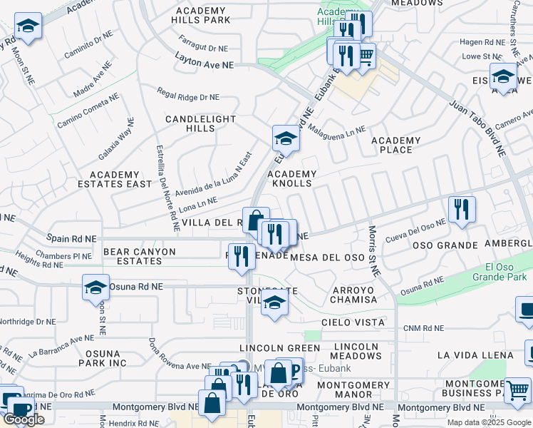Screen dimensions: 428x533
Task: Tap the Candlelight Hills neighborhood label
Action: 190,123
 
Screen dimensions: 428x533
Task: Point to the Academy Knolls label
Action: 291,178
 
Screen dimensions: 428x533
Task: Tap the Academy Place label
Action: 396,145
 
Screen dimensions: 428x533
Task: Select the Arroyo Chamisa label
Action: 353,295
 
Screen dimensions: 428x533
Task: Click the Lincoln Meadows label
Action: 357,351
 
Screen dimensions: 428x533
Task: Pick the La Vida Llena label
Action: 475,355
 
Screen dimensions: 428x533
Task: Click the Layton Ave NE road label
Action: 205,63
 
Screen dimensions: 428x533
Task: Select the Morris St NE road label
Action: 373,250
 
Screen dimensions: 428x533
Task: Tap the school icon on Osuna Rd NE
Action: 95,287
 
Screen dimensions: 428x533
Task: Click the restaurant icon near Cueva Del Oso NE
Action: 462,209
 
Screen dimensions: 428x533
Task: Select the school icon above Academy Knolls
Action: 286,138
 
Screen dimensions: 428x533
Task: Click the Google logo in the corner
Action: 24,420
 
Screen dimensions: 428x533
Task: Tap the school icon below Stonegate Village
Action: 274,302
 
